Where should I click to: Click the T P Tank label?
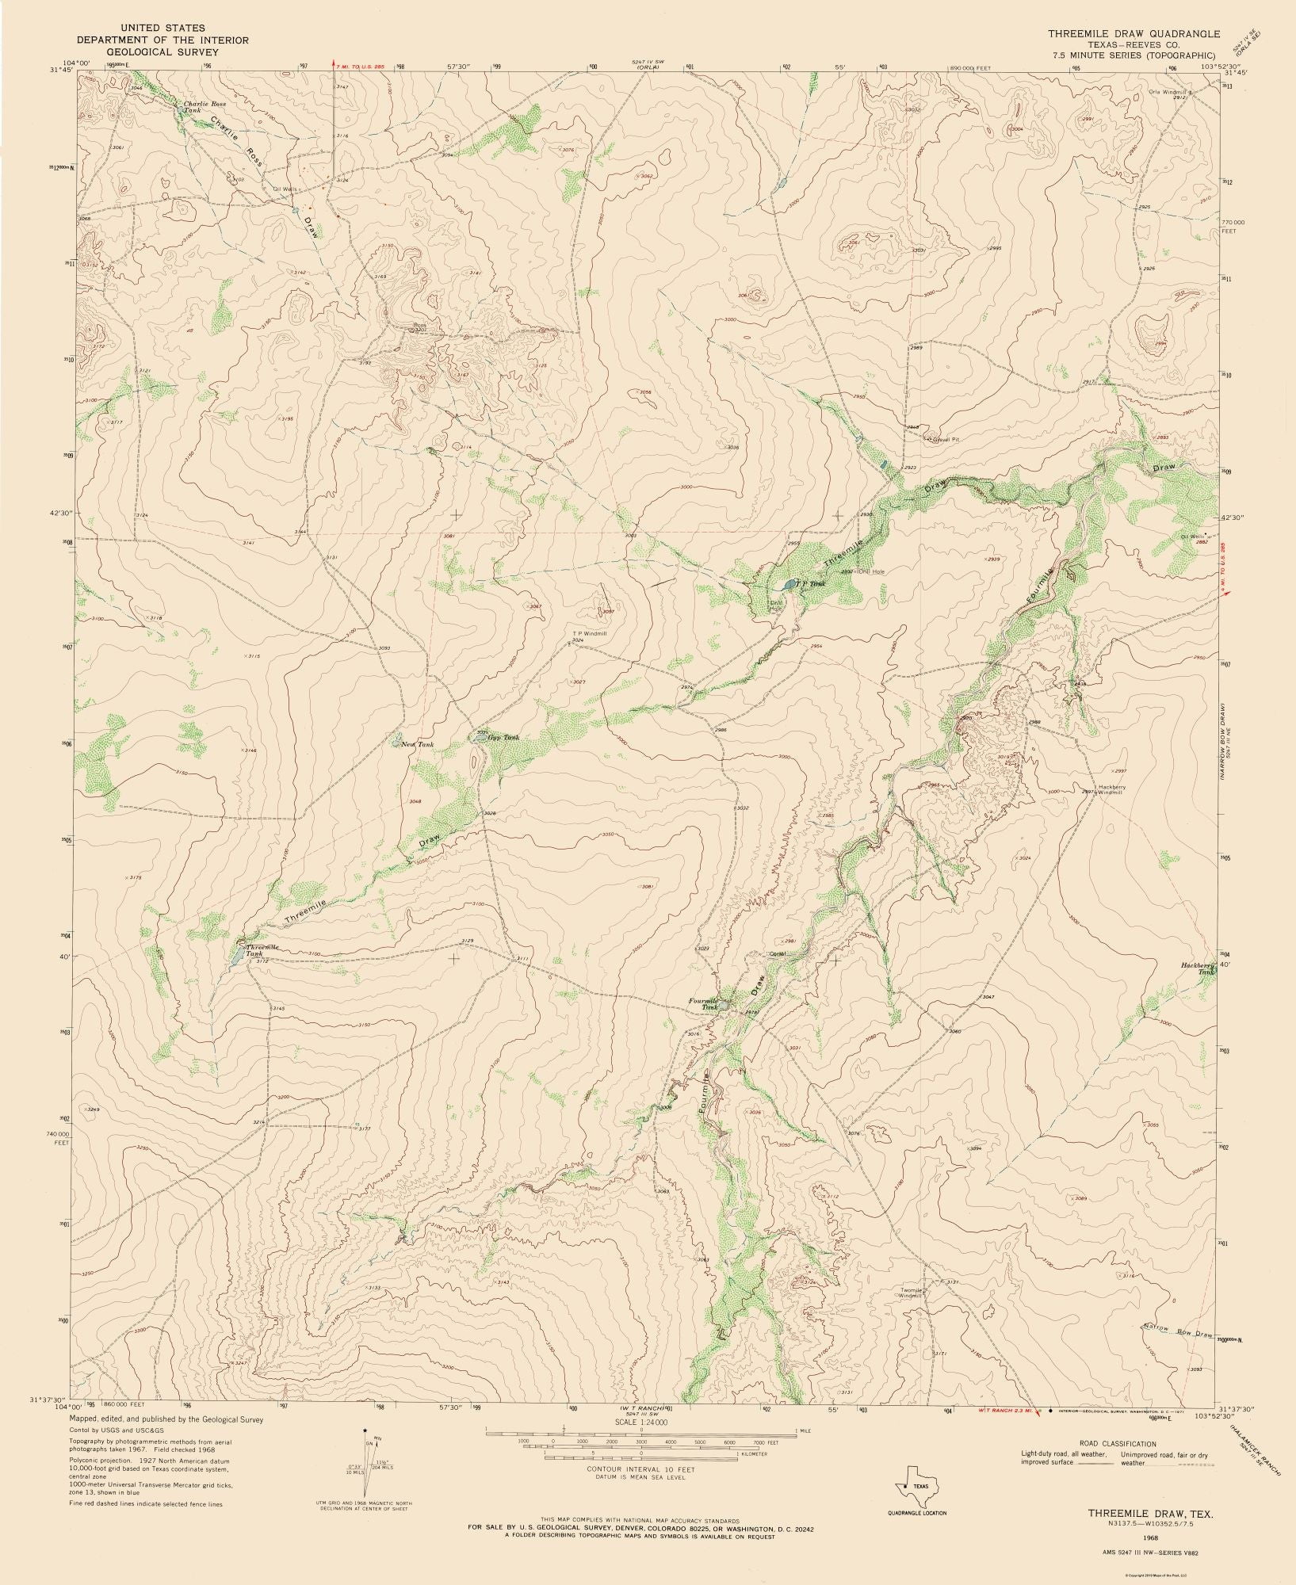[x=812, y=584]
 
